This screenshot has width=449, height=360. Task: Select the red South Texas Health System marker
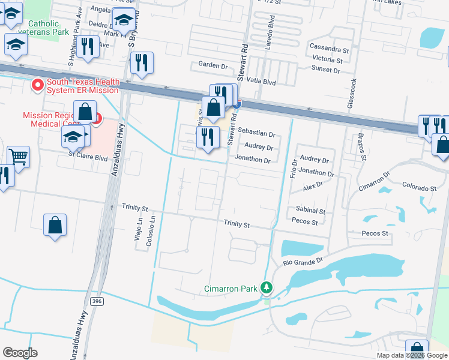point(37,86)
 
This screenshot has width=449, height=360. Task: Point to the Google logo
point(20,353)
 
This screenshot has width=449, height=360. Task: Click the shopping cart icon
point(18,157)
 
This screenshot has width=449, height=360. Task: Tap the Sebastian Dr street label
point(256,134)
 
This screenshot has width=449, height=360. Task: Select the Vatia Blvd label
point(260,80)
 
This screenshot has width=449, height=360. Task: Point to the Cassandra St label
point(329,47)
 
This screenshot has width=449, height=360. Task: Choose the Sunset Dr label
point(325,70)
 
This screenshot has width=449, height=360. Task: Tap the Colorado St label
point(418,188)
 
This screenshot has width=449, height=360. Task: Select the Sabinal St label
point(310,211)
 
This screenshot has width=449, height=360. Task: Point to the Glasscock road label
point(353,93)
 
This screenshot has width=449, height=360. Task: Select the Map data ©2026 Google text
point(411,355)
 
